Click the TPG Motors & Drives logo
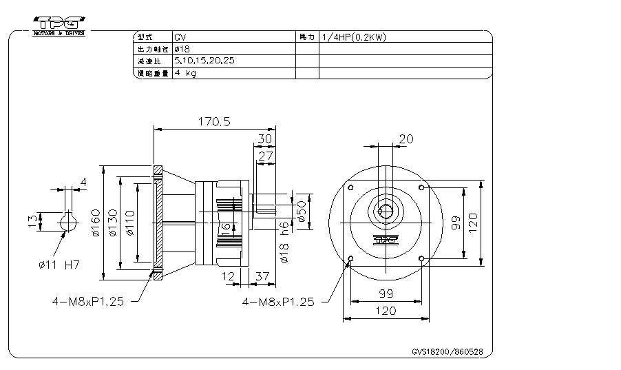tap(59, 23)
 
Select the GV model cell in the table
tap(180, 37)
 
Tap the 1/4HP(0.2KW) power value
tap(353, 37)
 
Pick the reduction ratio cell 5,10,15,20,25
tap(204, 61)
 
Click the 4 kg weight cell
tap(185, 73)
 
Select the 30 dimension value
tap(264, 138)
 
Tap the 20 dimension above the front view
tap(406, 138)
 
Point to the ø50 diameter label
tap(301, 210)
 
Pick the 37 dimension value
tap(262, 276)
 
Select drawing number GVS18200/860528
tap(447, 351)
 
